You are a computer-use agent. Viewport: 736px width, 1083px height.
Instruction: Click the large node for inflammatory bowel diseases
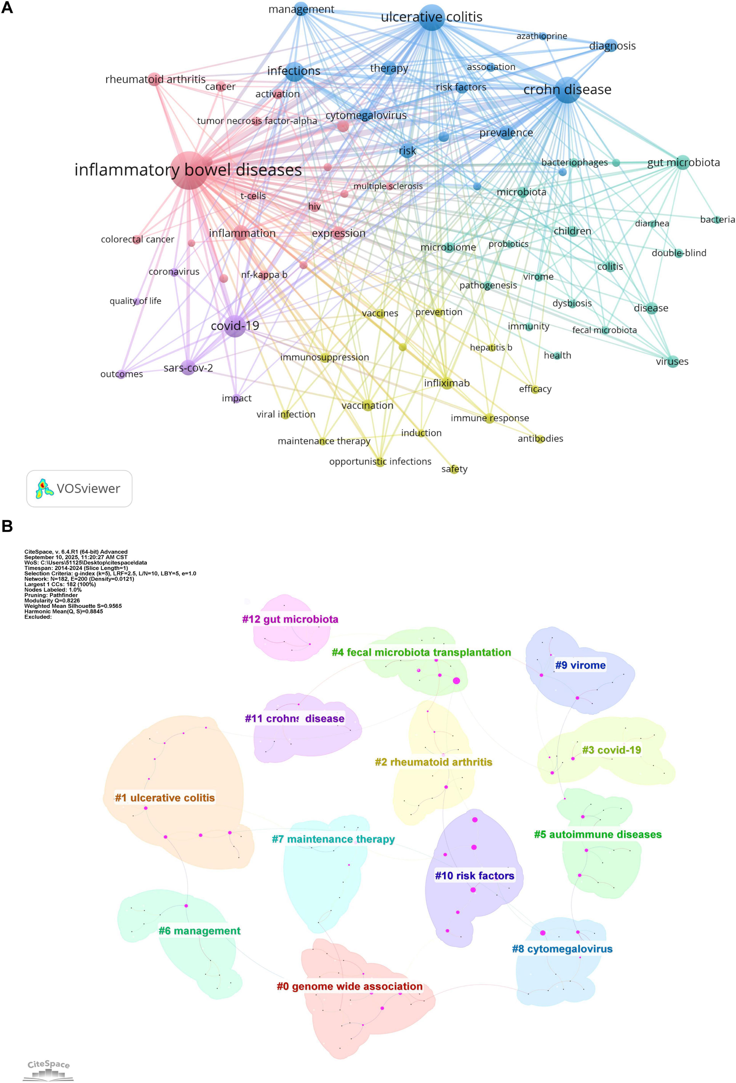click(x=189, y=170)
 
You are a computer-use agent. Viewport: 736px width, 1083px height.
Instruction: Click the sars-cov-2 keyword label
click(x=188, y=368)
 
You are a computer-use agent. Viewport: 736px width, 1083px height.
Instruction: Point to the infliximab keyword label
click(x=447, y=383)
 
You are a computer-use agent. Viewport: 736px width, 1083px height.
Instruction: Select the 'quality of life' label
click(x=135, y=301)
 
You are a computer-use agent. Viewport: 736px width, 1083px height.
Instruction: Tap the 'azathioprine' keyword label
click(x=542, y=36)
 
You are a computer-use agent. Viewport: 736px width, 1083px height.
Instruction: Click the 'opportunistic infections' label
click(x=380, y=461)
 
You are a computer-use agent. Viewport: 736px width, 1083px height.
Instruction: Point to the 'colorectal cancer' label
click(x=137, y=239)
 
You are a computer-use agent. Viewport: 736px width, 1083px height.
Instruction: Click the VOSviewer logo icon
click(x=44, y=488)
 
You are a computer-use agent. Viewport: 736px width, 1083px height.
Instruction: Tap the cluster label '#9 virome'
click(x=580, y=665)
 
